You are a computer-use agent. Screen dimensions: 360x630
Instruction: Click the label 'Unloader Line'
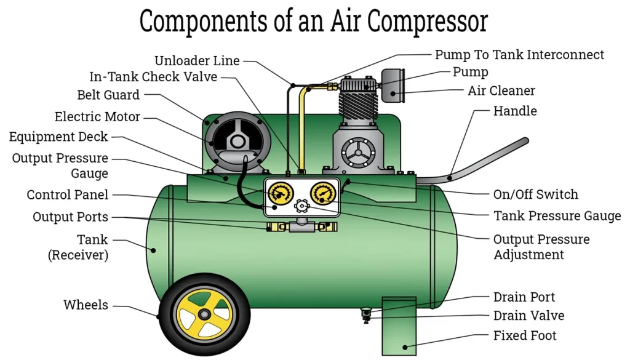click(x=197, y=61)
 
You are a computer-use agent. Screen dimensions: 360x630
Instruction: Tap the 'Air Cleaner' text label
click(x=501, y=91)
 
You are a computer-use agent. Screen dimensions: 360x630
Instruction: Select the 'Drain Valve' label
click(x=528, y=316)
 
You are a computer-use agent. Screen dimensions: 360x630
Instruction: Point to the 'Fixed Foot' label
click(x=525, y=336)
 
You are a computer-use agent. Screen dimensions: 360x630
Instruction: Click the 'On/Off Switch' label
click(x=536, y=195)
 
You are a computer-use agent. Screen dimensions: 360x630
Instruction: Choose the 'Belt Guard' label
click(x=108, y=95)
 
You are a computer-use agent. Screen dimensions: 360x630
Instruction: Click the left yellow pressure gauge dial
click(x=280, y=194)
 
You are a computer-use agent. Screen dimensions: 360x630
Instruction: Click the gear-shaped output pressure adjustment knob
click(x=301, y=206)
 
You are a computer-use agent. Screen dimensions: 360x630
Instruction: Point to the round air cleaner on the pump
click(x=393, y=86)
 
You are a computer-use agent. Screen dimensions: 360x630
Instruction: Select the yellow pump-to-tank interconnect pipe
click(x=302, y=123)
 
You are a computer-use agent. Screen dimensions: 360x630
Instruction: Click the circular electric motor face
click(x=237, y=142)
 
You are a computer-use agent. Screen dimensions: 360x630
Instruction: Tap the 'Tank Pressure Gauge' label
click(x=557, y=216)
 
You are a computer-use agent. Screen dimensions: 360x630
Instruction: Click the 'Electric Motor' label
click(x=97, y=117)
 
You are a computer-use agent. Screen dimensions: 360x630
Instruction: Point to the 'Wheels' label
click(x=86, y=305)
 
